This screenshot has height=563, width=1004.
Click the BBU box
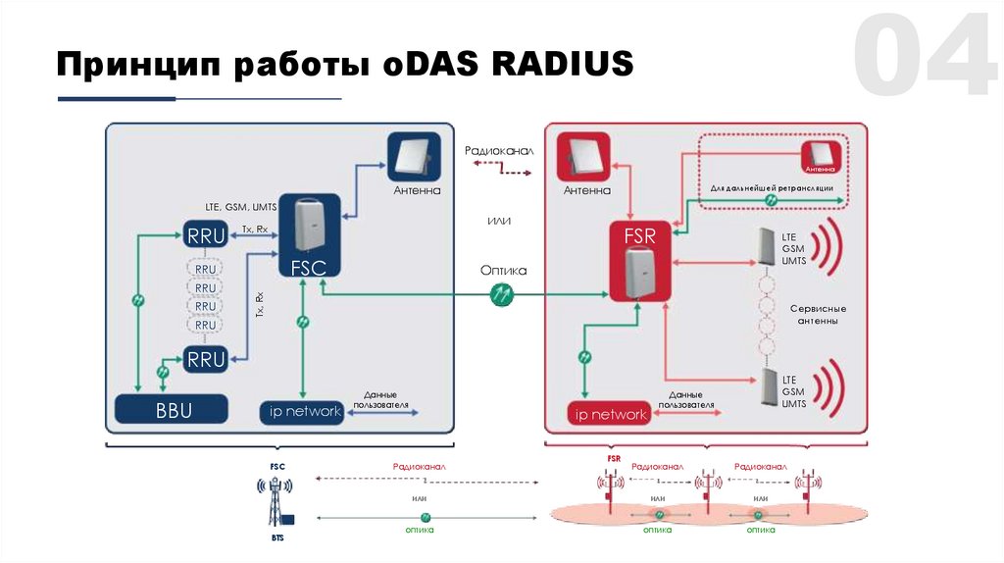pos(173,408)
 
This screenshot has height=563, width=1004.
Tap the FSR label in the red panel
pos(639,236)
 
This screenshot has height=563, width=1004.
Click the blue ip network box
pos(305,411)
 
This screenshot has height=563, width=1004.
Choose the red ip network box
pos(609,414)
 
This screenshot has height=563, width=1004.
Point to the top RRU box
pos(206,234)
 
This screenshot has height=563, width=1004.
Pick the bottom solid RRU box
pos(206,359)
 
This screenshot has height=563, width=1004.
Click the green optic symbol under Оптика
pos(503,292)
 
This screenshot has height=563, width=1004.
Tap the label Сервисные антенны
pos(817,315)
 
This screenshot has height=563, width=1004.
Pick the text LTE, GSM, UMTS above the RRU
pos(241,208)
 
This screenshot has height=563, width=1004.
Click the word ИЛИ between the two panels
pos(500,222)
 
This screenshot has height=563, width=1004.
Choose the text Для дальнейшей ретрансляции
pos(772,186)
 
